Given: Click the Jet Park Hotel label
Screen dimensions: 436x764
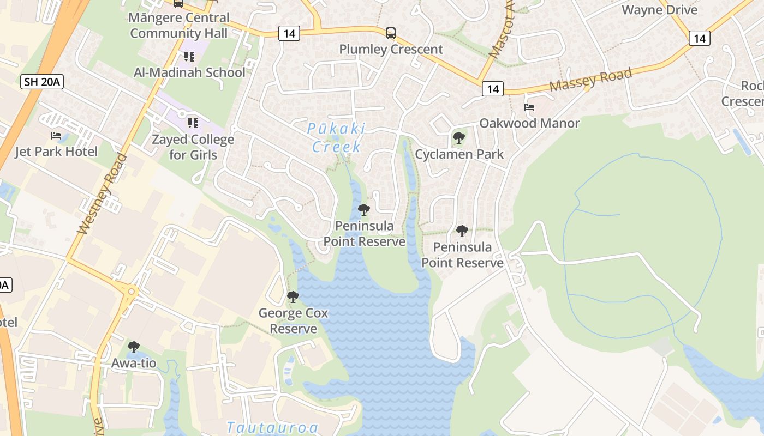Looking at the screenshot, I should point(56,152).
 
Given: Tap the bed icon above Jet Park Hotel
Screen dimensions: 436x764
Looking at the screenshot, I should point(56,135).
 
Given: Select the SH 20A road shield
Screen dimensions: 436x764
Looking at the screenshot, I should point(43,82).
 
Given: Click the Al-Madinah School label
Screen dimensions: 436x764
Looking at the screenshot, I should point(189,72).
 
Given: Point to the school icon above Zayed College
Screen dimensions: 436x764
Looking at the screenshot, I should point(193,123).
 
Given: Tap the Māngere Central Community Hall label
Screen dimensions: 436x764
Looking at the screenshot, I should point(178,25).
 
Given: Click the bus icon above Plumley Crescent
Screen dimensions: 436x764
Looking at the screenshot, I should point(391,33).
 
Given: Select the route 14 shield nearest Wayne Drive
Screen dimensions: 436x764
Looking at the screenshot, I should point(699,38).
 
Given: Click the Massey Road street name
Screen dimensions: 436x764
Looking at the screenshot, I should point(590,80).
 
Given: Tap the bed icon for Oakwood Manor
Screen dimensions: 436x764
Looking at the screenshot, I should point(529,107).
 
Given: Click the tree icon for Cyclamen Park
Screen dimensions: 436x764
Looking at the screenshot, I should point(459,137).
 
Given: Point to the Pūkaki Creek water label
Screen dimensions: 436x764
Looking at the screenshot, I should point(336,137).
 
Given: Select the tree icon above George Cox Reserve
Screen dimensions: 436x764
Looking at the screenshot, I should point(293,297).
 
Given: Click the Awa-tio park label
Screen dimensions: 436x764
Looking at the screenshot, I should point(134,364).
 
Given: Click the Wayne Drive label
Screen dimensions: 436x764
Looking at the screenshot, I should point(659,10).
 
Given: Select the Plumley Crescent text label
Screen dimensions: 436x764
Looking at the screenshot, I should point(391,49).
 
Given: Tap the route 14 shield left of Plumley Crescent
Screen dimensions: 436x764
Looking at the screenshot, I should point(289,34).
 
